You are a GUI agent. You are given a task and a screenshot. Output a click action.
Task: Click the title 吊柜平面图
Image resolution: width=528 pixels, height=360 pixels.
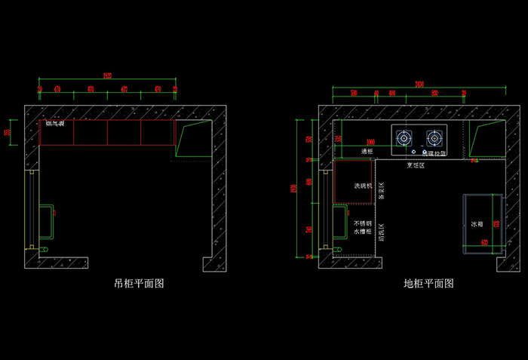coord(139,284)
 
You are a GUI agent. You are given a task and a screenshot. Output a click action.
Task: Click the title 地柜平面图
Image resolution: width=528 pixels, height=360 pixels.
coord(428,284)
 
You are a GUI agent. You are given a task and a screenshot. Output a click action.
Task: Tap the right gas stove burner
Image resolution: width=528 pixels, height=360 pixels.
coord(434,137)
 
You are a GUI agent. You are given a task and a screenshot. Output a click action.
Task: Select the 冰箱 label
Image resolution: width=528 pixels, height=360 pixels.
coord(476,224)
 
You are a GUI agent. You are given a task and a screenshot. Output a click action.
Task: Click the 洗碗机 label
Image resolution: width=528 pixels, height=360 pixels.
coord(363,186)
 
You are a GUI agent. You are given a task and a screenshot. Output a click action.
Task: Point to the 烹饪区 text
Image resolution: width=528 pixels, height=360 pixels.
coord(416,165)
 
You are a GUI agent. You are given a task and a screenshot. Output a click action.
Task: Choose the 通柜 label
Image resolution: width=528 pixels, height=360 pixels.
coord(367,152)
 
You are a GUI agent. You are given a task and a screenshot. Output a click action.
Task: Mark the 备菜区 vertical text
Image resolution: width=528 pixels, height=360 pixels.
coord(382,190)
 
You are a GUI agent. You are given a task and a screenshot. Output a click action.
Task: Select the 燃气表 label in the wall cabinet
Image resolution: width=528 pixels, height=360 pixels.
coord(55,123)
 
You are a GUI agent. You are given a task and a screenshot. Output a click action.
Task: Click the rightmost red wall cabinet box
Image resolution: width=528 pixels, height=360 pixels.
coord(157,132)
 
